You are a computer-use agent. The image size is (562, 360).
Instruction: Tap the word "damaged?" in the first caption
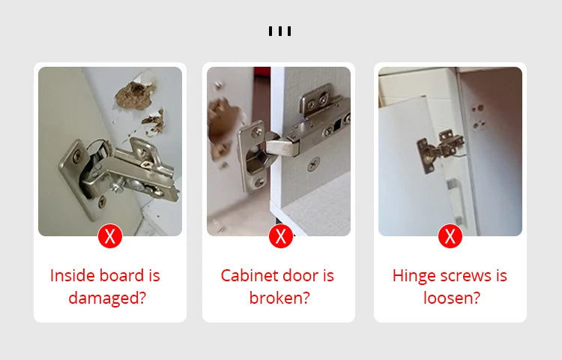pyautogui.click(x=106, y=298)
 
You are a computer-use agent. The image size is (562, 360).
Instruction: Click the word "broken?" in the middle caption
pyautogui.click(x=280, y=298)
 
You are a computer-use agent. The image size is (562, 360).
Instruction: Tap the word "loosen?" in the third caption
pyautogui.click(x=451, y=298)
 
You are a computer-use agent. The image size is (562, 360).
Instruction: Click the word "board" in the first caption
pyautogui.click(x=121, y=275)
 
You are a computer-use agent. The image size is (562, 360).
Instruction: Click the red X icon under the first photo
pyautogui.click(x=110, y=237)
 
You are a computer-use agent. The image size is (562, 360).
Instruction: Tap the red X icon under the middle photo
pyautogui.click(x=281, y=237)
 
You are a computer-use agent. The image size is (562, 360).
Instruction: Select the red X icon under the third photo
pyautogui.click(x=450, y=237)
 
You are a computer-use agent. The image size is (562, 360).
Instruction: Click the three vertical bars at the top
pyautogui.click(x=280, y=31)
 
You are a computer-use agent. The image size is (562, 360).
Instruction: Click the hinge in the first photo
pyautogui.click(x=120, y=171)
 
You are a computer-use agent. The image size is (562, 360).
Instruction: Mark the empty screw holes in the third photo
pyautogui.click(x=477, y=114)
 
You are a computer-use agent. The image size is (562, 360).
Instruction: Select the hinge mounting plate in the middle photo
pyautogui.click(x=315, y=120)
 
